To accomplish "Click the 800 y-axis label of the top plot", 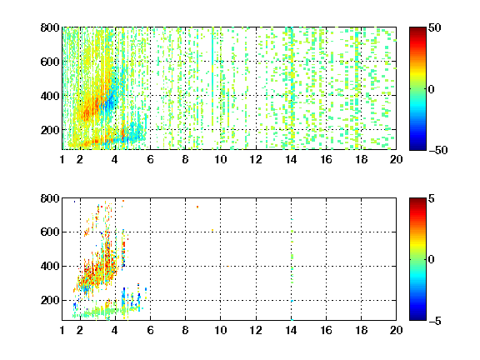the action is click(x=50, y=27).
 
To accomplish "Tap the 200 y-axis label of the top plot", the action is click(x=50, y=130).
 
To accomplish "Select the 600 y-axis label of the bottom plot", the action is click(x=50, y=232).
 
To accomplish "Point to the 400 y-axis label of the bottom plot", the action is click(x=50, y=266).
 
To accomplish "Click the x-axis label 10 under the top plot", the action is click(x=220, y=159).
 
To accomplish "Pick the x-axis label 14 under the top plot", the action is click(x=291, y=159).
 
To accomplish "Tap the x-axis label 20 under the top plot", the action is click(x=396, y=159).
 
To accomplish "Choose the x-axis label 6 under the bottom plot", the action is click(x=150, y=330).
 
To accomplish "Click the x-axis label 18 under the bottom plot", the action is click(x=361, y=330).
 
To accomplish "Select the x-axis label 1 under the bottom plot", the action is click(x=62, y=330).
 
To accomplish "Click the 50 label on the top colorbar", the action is click(x=435, y=27).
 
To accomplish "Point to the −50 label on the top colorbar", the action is click(x=438, y=150).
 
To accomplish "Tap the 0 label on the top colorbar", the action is click(x=432, y=89).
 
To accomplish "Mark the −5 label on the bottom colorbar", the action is click(x=435, y=321).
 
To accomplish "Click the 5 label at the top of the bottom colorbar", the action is click(x=432, y=198).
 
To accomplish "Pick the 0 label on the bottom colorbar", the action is click(x=432, y=260).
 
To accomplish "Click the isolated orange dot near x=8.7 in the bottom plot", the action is click(x=197, y=207).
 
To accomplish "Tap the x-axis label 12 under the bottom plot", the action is click(x=256, y=330).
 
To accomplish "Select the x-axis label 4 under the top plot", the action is click(x=115, y=159).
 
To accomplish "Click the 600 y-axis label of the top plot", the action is click(x=50, y=62).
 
